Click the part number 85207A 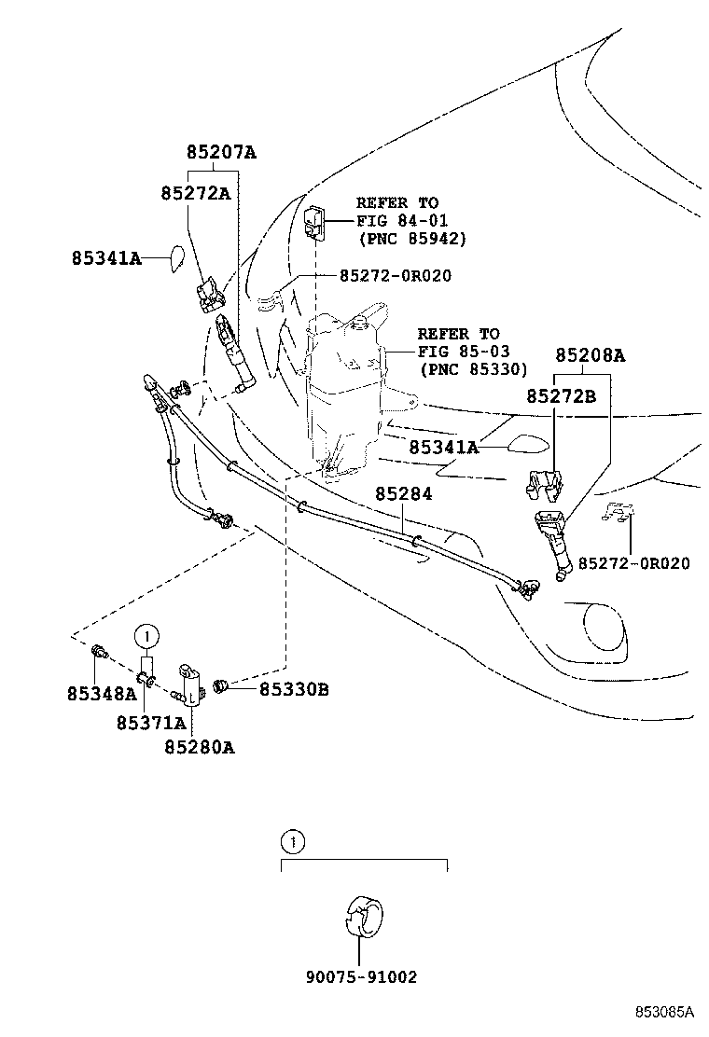coord(220,153)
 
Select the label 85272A coord(195,193)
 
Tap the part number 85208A coord(590,355)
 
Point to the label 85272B coord(562,395)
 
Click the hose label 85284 coord(404,493)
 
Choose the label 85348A coord(102,693)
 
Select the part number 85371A coord(151,722)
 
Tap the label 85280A coord(200,746)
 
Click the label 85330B coord(293,689)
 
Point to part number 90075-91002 coord(361,977)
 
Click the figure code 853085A coord(665,1012)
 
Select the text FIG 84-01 coord(402,220)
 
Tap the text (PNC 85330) coord(474,369)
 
